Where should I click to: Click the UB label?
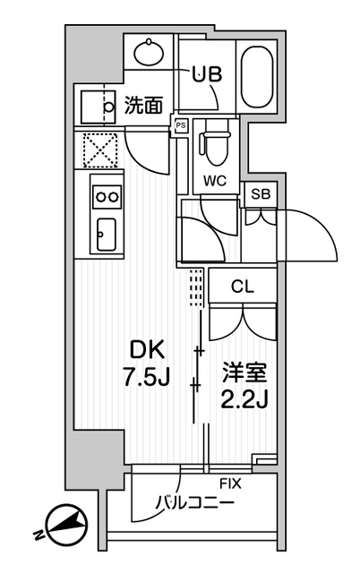tap(207, 75)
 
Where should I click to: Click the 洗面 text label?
tap(143, 106)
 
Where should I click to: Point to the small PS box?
tap(181, 125)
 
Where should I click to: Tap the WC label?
tap(215, 181)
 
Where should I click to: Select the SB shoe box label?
tap(261, 194)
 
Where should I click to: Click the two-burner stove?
tap(107, 197)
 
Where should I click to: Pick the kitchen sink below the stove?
tap(107, 235)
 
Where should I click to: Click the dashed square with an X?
tap(100, 150)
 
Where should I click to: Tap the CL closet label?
tap(243, 287)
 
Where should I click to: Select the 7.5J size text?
tap(147, 378)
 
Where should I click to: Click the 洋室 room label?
tap(245, 372)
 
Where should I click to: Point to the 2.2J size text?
tap(244, 400)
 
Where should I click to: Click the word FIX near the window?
tap(230, 483)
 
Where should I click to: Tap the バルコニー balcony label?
tap(195, 503)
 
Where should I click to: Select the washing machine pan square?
tap(98, 107)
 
